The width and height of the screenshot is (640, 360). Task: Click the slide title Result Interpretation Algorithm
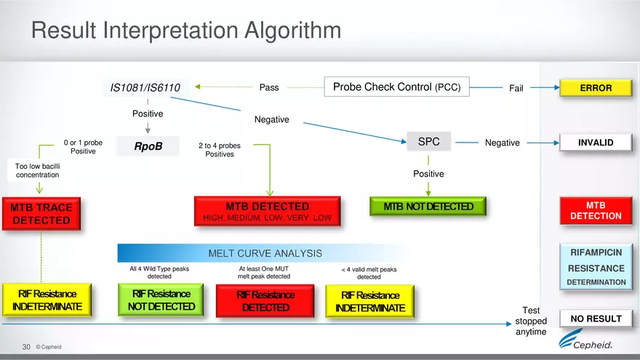pos(185,31)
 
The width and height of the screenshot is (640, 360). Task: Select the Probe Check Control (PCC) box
pos(396,87)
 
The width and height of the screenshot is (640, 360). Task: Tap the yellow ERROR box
pos(595,88)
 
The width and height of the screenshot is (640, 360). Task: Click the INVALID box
pos(595,143)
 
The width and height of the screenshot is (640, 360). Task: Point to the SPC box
pos(428,142)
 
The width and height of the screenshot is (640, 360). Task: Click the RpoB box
pos(148,147)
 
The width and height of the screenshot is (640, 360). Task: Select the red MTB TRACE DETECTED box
pos(41,213)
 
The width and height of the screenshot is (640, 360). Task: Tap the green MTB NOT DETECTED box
pos(428,207)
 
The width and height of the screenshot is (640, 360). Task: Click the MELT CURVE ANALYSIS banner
pos(265,253)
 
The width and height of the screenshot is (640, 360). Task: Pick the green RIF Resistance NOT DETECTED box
pos(157,300)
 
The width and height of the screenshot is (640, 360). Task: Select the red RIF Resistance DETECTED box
pos(265,300)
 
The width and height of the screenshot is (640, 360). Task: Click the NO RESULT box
pos(595,319)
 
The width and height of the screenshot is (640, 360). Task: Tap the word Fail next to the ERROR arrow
pos(516,89)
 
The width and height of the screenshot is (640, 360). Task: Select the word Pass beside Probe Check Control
pos(268,88)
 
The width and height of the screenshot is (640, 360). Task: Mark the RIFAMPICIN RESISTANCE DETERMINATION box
pos(596,267)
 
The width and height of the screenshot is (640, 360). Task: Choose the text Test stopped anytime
pos(529,321)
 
